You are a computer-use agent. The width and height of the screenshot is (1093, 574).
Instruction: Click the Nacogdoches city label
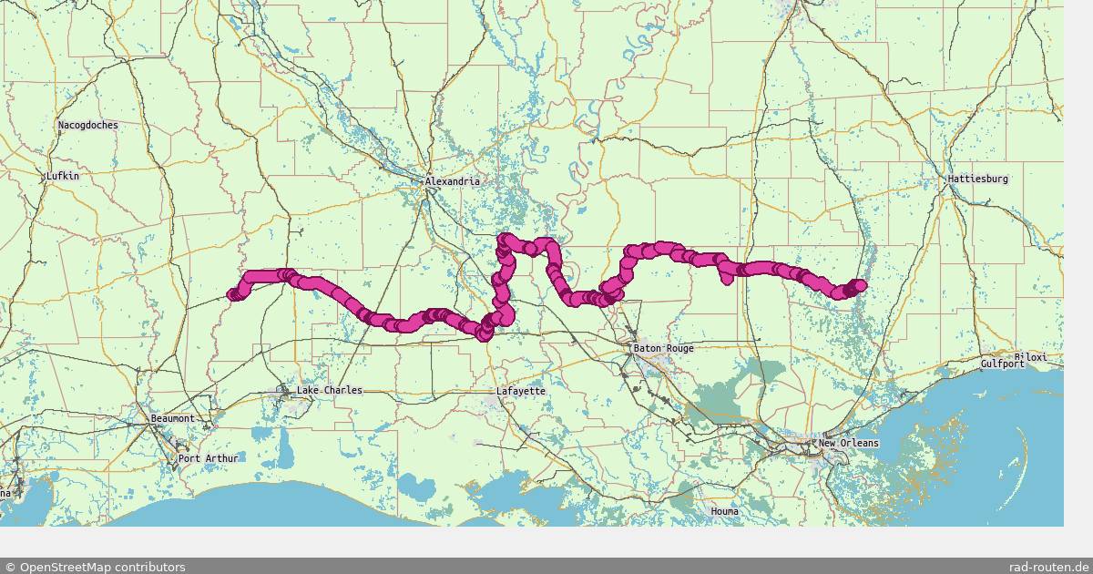[87, 125]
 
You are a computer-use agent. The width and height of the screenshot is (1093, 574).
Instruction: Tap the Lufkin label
[62, 176]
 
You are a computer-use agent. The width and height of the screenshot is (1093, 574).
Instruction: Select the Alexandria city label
[452, 181]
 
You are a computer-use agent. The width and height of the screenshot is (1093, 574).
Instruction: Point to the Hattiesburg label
[977, 179]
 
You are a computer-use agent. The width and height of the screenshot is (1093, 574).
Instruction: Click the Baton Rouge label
[663, 348]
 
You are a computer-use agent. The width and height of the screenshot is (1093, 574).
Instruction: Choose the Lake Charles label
[329, 390]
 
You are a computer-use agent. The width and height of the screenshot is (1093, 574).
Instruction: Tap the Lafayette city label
[520, 391]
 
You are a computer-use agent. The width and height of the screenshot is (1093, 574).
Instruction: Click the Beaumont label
[172, 418]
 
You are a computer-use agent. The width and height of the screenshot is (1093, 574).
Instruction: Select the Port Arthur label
[208, 458]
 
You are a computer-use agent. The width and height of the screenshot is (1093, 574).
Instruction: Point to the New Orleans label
[848, 443]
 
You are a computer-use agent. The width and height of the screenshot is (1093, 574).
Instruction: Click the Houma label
[724, 511]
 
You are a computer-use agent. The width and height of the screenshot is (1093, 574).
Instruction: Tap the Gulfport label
[1003, 363]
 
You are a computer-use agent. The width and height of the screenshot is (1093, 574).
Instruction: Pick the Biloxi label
[1031, 356]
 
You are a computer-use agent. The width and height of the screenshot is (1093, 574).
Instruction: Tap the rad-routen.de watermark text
[1047, 567]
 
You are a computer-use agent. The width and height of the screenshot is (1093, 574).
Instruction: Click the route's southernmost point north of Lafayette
[484, 335]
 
